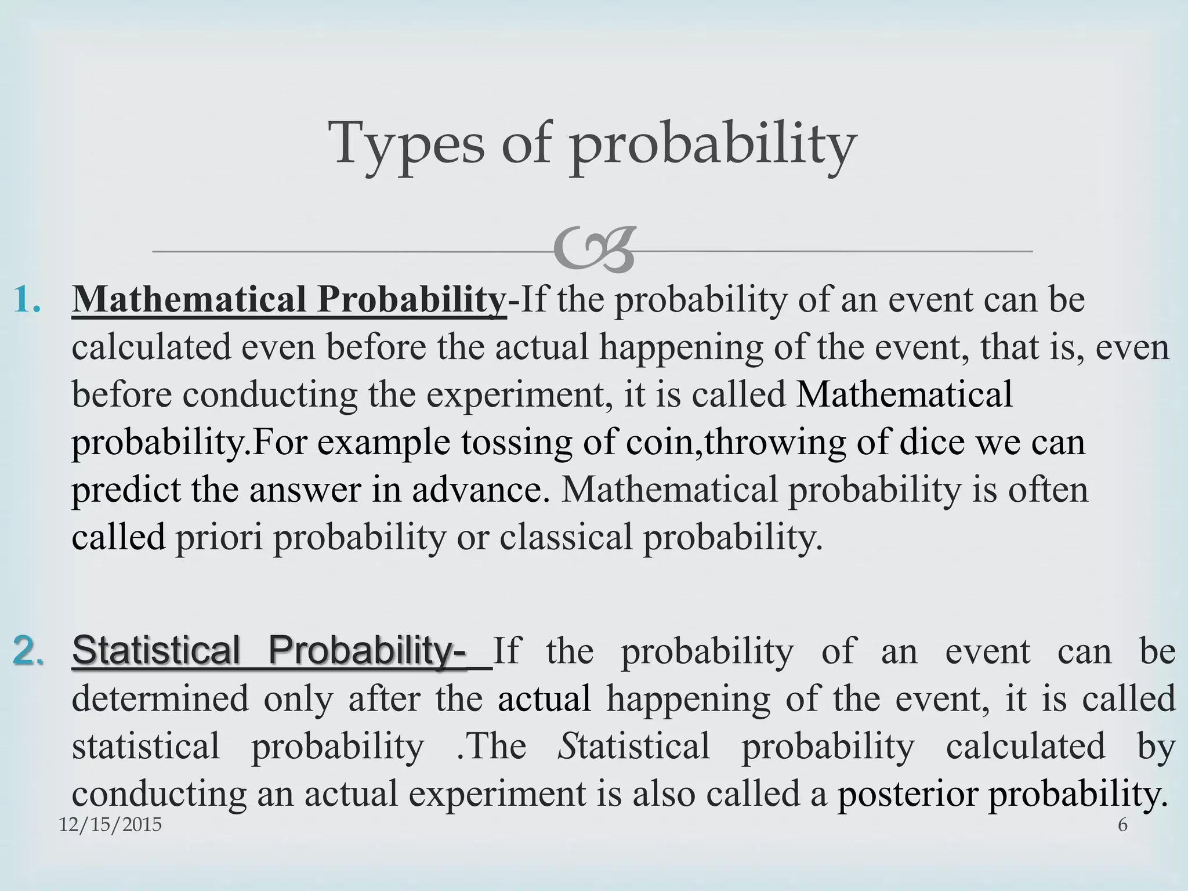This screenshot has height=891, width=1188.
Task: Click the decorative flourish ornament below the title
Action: coord(593,251)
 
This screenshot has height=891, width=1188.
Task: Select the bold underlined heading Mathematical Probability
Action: coord(289,300)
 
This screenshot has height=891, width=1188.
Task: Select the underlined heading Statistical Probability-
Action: coord(269,650)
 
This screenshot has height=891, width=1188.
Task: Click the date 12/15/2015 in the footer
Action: coord(110,824)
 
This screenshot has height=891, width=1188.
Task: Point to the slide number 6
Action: coord(1122,824)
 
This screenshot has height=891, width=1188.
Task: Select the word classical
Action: coord(565,537)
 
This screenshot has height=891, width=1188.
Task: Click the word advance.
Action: coord(481,490)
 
